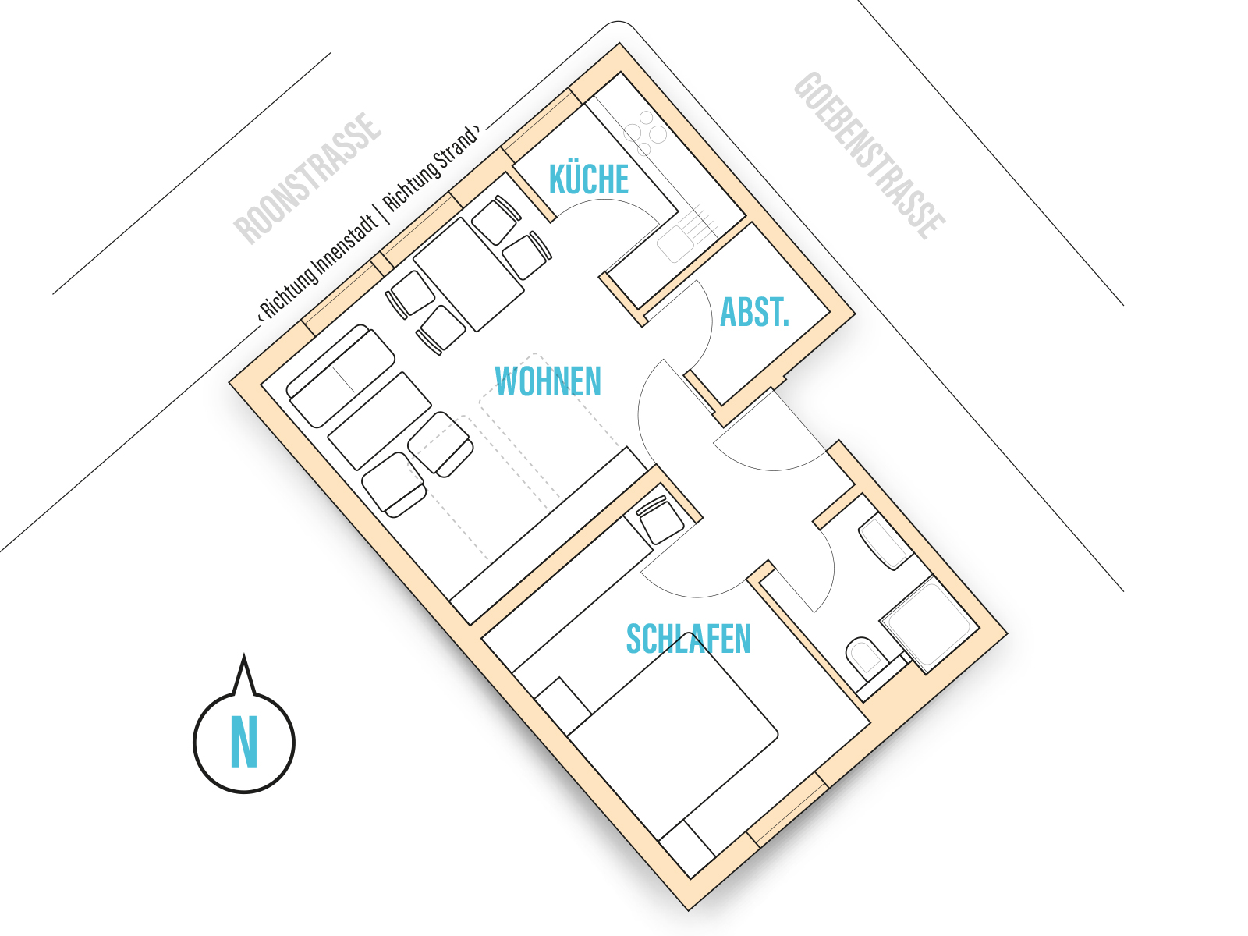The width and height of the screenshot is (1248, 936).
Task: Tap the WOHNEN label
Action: pos(548,381)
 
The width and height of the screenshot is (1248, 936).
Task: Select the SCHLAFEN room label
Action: pos(688,639)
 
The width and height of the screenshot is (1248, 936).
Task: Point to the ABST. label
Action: pos(754,312)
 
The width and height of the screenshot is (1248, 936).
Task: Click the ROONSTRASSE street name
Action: pos(307,179)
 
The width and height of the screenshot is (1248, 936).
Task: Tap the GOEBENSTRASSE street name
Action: pos(869,155)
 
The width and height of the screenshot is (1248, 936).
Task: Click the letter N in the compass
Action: pos(244,741)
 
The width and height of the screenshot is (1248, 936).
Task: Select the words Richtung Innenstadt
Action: pos(317,267)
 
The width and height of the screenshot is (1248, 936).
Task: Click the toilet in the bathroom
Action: pos(867,657)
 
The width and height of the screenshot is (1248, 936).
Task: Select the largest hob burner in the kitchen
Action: pos(658,135)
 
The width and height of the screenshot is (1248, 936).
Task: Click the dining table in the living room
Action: pos(469,274)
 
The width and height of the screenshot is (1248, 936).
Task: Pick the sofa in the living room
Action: pos(341,376)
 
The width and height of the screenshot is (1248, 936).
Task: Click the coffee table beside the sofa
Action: pos(379,421)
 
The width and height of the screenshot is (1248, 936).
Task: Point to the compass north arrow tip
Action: pos(244,654)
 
